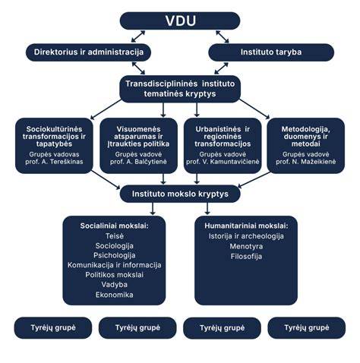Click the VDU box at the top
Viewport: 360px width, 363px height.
click(x=180, y=21)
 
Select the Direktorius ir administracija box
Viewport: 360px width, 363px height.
click(x=89, y=52)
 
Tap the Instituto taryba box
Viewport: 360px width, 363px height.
click(x=271, y=52)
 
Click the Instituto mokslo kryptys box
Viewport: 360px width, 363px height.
click(x=180, y=194)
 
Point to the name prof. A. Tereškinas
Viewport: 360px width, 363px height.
click(x=54, y=162)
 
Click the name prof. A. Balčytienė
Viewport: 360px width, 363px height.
click(x=138, y=162)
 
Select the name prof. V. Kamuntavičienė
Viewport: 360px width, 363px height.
click(x=223, y=162)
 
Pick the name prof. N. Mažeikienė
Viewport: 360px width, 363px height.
click(x=306, y=162)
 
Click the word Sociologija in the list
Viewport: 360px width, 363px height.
click(x=115, y=246)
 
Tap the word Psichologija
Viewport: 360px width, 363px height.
click(x=115, y=255)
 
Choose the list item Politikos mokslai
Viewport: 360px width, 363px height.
click(x=115, y=275)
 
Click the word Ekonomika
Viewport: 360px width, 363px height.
click(x=115, y=295)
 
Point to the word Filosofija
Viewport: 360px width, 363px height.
click(x=246, y=257)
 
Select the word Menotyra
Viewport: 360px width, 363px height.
click(x=246, y=246)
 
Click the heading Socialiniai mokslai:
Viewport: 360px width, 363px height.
click(x=115, y=226)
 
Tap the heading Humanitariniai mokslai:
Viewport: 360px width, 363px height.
click(x=246, y=226)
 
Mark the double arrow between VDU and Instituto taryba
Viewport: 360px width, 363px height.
click(x=223, y=36)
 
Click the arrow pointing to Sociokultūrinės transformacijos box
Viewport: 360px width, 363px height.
click(x=106, y=109)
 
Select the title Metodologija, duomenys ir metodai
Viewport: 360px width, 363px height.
click(x=306, y=137)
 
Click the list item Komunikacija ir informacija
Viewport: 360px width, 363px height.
click(x=115, y=265)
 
